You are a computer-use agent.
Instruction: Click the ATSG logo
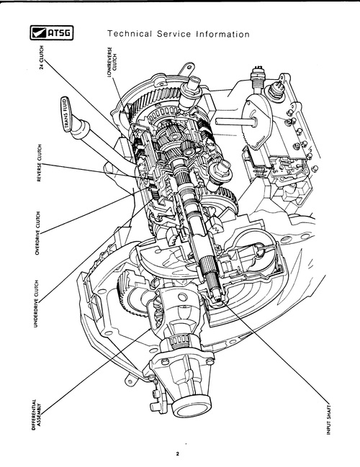(x=52, y=33)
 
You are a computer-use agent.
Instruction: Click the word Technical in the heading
(x=130, y=34)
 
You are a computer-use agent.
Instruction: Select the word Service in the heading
(x=174, y=34)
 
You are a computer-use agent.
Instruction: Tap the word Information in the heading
(x=222, y=34)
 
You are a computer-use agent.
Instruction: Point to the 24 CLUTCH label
(x=42, y=57)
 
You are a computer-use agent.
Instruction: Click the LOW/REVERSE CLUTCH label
(x=112, y=63)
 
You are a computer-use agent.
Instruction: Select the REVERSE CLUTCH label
(x=40, y=163)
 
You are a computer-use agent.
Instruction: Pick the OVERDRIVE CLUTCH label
(x=37, y=233)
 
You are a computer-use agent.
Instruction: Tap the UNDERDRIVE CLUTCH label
(x=36, y=304)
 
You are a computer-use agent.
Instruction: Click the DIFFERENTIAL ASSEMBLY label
(x=36, y=415)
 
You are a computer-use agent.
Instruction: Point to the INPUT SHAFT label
(x=329, y=420)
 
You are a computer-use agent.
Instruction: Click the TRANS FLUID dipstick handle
(x=66, y=114)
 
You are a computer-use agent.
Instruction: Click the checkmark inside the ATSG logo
(x=38, y=33)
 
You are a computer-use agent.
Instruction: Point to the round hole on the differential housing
(x=182, y=297)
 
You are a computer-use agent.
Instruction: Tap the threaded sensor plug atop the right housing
(x=256, y=76)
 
